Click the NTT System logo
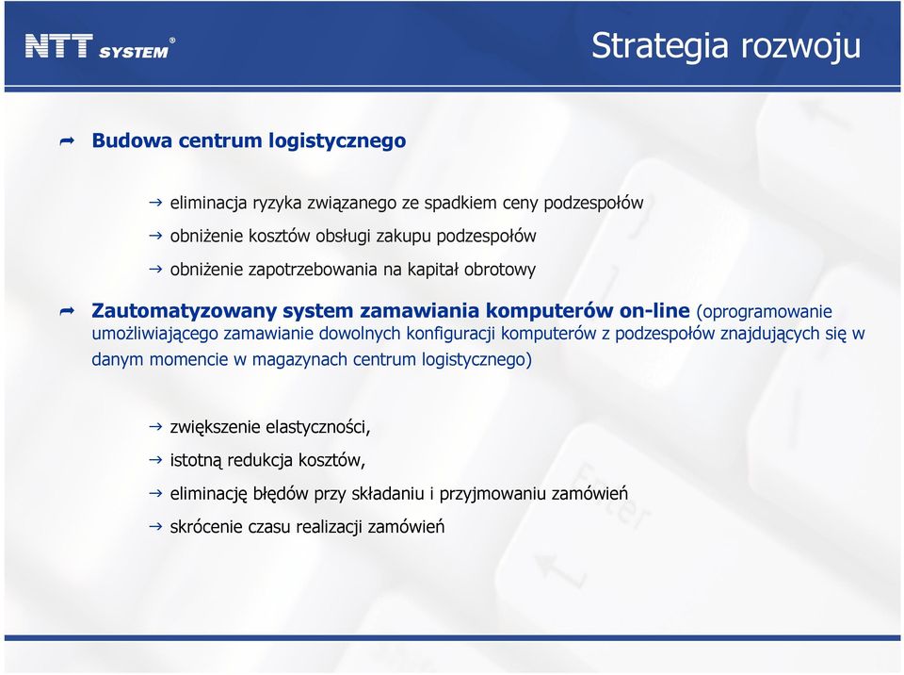pyautogui.click(x=100, y=47)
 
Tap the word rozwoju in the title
pyautogui.click(x=801, y=46)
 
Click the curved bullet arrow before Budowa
pyautogui.click(x=68, y=140)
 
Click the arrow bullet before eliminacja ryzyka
pyautogui.click(x=155, y=203)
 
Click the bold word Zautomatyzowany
pyautogui.click(x=184, y=311)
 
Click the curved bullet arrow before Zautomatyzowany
pyautogui.click(x=68, y=312)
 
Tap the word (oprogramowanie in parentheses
pyautogui.click(x=765, y=312)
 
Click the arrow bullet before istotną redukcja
pyautogui.click(x=155, y=460)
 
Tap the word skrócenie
pyautogui.click(x=206, y=527)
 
